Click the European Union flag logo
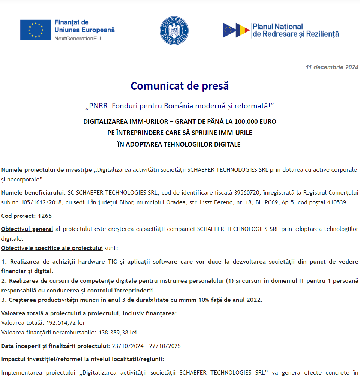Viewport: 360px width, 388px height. pos(36,30)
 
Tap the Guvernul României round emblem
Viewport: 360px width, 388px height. pos(174,31)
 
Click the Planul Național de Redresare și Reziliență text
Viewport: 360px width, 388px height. pos(296,30)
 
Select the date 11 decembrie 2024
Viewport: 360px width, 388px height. pos(332,67)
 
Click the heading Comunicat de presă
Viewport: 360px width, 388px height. pos(180,86)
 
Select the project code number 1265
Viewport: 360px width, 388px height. pos(45,216)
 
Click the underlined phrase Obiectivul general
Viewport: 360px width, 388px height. pos(27,229)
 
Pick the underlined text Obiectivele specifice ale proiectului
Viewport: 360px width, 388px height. pos(52,248)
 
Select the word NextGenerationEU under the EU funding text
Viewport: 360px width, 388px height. pos(78,39)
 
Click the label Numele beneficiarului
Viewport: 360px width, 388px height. pos(33,193)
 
